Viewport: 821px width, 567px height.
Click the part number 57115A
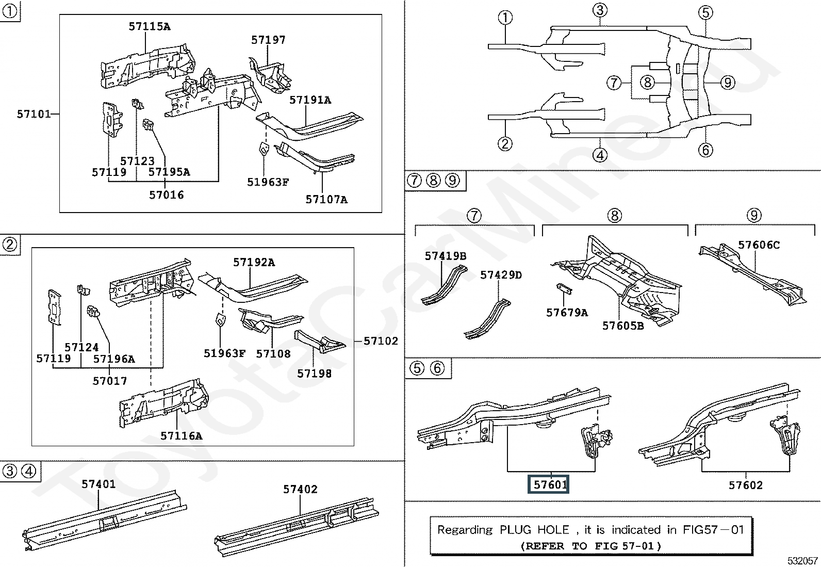[x=149, y=26]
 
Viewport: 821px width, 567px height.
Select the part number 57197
[x=268, y=40]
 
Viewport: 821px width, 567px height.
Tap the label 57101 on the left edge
[x=34, y=114]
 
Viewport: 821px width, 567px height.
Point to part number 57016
[x=166, y=195]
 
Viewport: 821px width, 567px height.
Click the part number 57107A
[x=326, y=199]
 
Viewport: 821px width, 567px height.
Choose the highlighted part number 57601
[x=550, y=484]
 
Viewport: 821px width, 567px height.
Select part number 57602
[x=745, y=484]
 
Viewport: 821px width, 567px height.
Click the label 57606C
[x=759, y=245]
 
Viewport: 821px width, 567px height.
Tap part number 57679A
[x=567, y=312]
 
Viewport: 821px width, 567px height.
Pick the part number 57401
[x=98, y=484]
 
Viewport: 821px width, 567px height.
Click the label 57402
[x=300, y=489]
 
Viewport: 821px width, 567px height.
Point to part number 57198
[x=314, y=373]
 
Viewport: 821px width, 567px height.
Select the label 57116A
[x=181, y=435]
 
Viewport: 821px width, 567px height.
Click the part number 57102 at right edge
[x=381, y=341]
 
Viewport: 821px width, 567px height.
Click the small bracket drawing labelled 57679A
[x=564, y=288]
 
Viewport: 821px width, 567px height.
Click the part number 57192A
[x=254, y=262]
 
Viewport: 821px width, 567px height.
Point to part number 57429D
[x=501, y=275]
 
